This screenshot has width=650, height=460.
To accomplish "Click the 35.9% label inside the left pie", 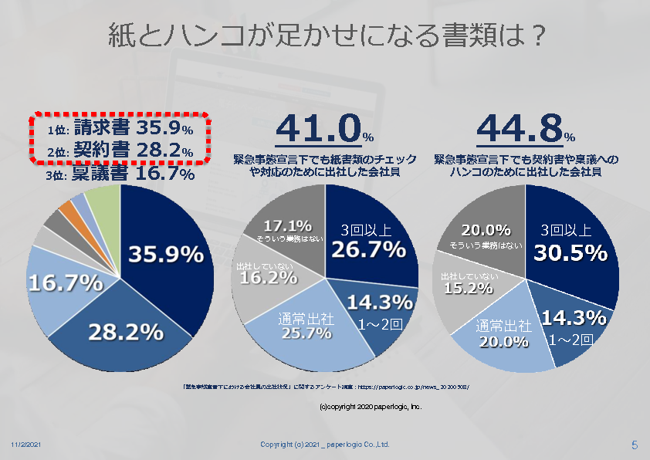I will (x=166, y=255).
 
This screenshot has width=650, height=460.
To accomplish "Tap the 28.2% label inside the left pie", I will (x=126, y=332).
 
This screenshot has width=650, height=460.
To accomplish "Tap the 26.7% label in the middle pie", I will (x=368, y=249).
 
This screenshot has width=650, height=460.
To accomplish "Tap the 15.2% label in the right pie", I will (x=465, y=289).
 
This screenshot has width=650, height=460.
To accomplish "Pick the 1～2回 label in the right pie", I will (x=571, y=339).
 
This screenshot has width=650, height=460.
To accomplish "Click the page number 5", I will (x=634, y=445).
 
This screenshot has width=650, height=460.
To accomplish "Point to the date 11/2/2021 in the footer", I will (x=25, y=445).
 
